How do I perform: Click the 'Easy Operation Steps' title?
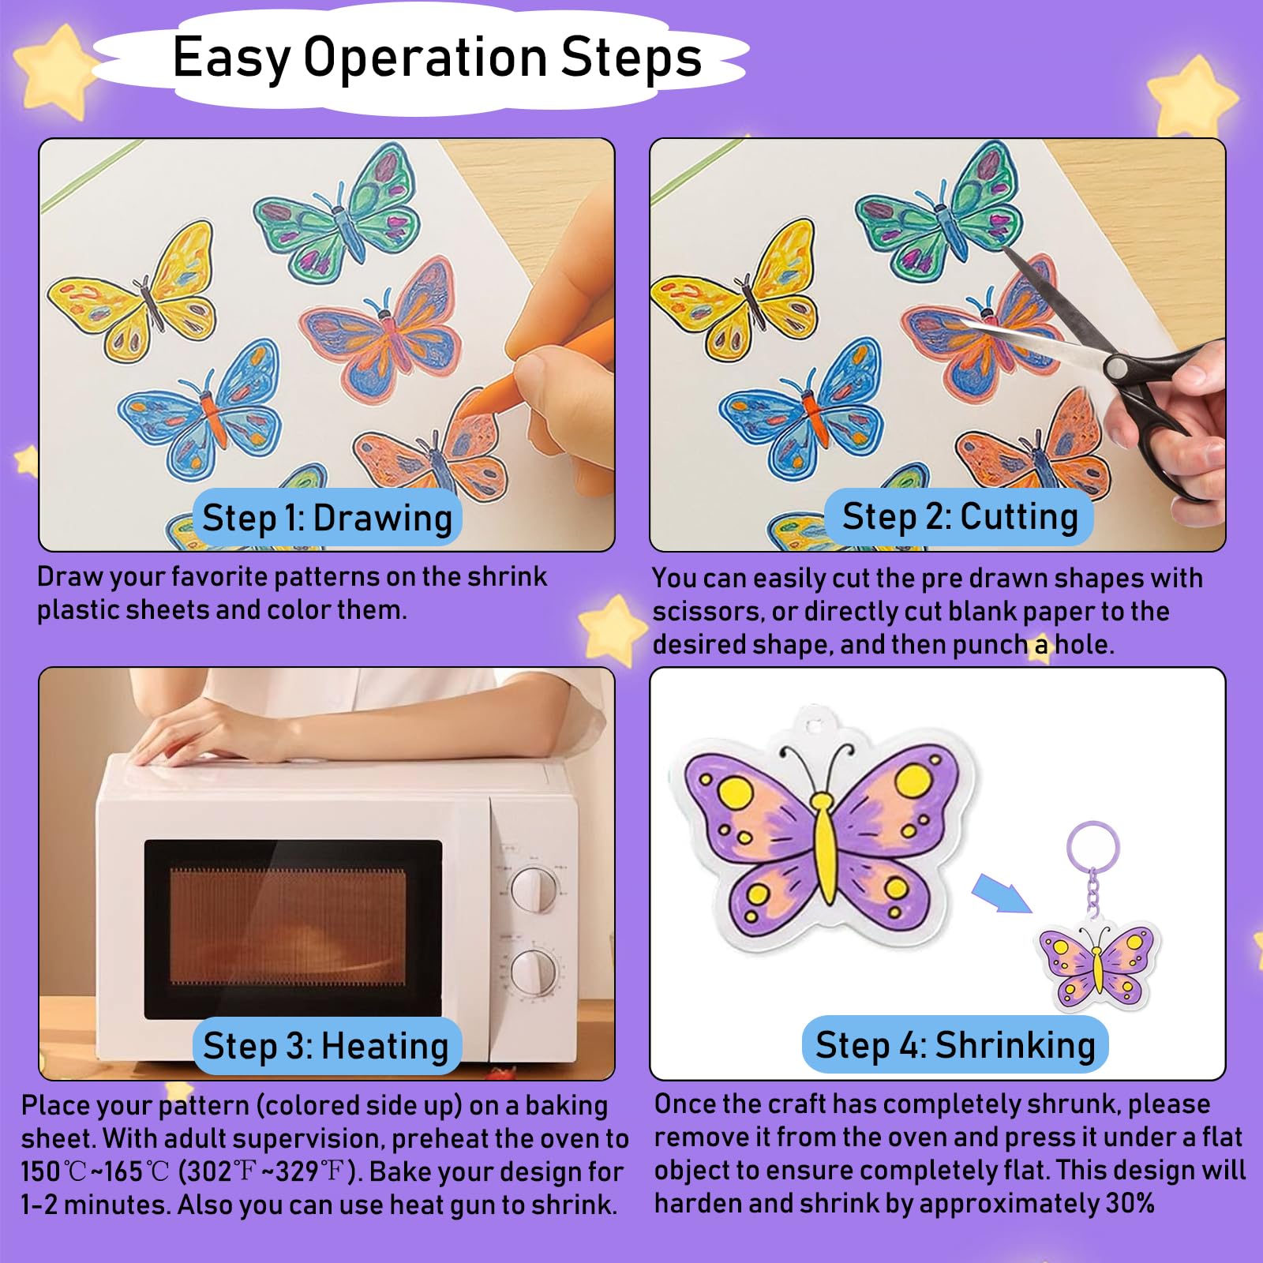pyautogui.click(x=437, y=58)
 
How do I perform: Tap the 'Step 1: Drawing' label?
pyautogui.click(x=328, y=518)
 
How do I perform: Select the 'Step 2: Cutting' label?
pyautogui.click(x=960, y=517)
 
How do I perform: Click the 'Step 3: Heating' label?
pyautogui.click(x=326, y=1046)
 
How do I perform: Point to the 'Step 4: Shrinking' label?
pyautogui.click(x=955, y=1044)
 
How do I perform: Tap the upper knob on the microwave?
pyautogui.click(x=535, y=890)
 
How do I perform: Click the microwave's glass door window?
pyautogui.click(x=292, y=929)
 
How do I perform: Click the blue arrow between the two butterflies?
pyautogui.click(x=1001, y=893)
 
